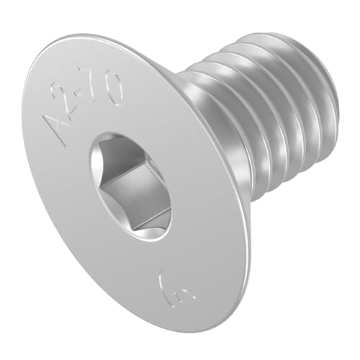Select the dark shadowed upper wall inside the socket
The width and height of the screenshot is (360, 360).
[x=126, y=151]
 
